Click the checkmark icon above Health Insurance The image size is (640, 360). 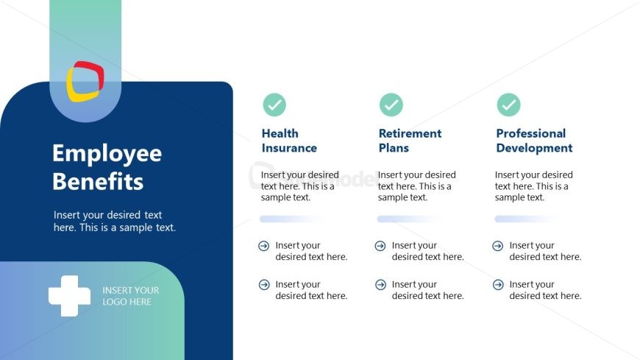[x=274, y=105]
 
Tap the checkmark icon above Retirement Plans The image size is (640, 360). [x=391, y=105]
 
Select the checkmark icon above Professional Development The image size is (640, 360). [x=508, y=105]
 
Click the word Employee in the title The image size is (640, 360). [x=107, y=155]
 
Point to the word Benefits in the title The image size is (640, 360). [x=98, y=181]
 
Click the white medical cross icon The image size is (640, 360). [x=69, y=296]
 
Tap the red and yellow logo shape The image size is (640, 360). [x=85, y=81]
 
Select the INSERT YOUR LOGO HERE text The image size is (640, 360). [x=131, y=296]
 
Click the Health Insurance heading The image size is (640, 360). [x=289, y=141]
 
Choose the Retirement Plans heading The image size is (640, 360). [x=410, y=141]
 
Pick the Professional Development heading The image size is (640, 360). [x=534, y=141]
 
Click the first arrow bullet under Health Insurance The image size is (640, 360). [x=264, y=246]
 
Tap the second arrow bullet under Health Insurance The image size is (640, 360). [x=264, y=284]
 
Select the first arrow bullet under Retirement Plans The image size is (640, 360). [x=380, y=246]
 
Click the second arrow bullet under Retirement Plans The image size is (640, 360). [x=380, y=284]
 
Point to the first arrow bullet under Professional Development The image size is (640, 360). [x=498, y=246]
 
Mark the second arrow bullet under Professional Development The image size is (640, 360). [x=498, y=284]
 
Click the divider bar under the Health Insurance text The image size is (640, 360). [x=292, y=219]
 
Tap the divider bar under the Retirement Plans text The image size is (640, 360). [x=410, y=219]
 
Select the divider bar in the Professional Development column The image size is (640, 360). [x=527, y=219]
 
